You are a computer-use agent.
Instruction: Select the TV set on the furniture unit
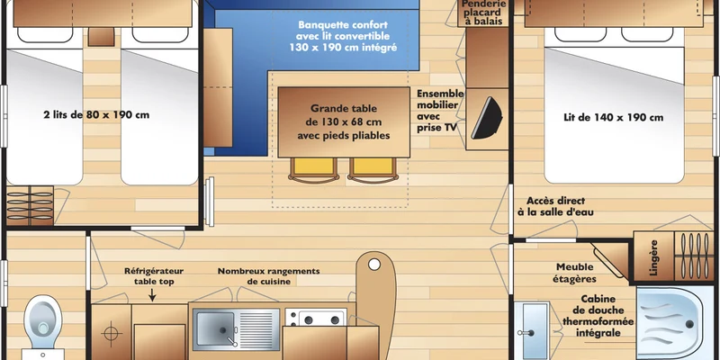[486, 118]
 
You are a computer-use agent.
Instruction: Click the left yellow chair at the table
[314, 169]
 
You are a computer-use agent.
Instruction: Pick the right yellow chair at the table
[373, 169]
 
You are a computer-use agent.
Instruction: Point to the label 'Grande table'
[344, 109]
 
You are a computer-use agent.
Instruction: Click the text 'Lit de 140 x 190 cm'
[613, 118]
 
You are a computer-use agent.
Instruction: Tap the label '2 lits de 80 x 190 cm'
[96, 115]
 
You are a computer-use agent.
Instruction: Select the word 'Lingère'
[654, 257]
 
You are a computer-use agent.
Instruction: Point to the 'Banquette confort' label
[343, 25]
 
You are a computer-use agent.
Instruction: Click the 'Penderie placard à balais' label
[483, 13]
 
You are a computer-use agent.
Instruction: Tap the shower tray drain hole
[689, 324]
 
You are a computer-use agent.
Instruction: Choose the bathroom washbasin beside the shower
[531, 329]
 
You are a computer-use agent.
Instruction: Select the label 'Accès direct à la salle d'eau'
[555, 206]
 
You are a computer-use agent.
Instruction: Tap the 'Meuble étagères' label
[574, 273]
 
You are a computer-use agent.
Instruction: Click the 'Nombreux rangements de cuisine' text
[268, 276]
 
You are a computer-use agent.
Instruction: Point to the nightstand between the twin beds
[101, 36]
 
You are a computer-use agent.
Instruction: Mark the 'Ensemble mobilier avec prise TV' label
[440, 111]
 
